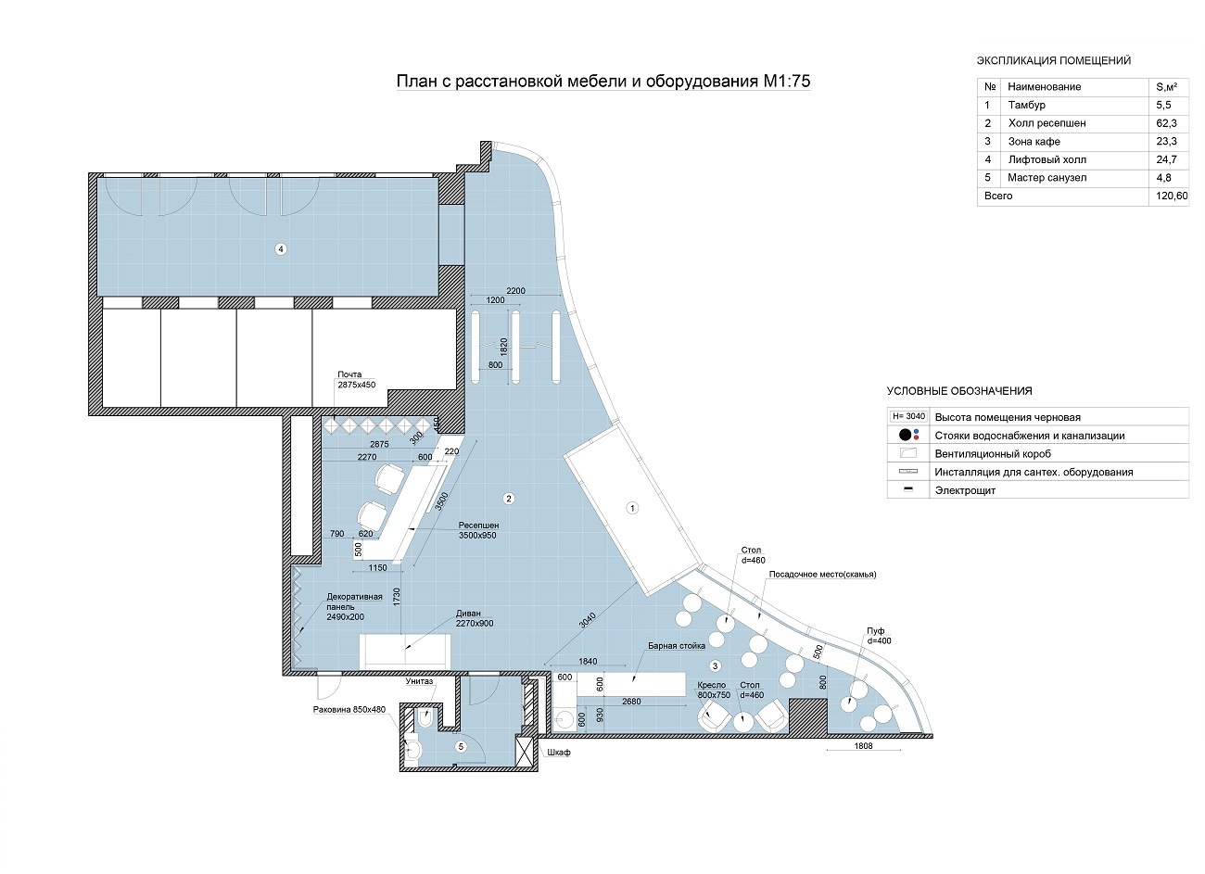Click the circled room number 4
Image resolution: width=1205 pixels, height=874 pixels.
[280, 249]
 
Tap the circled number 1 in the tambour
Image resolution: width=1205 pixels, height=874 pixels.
[632, 508]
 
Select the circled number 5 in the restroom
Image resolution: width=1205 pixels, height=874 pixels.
[461, 746]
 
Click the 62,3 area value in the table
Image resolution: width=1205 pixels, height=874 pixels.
[1166, 123]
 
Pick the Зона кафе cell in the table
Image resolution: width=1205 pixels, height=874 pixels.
[1034, 142]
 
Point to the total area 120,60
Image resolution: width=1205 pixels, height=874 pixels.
[1172, 196]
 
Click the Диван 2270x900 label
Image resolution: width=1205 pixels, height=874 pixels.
[475, 618]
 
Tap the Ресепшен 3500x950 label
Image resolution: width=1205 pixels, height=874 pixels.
[478, 530]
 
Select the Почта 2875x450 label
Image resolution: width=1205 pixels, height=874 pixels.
[356, 380]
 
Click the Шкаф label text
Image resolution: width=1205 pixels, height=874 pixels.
[558, 753]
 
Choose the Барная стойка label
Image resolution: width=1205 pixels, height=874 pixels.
[677, 646]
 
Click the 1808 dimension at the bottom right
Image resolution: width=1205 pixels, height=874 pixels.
[863, 746]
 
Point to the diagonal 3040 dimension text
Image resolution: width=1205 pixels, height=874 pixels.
[588, 621]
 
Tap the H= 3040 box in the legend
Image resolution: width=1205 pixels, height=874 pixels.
[908, 416]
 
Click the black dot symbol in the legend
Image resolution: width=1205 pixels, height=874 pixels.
[906, 435]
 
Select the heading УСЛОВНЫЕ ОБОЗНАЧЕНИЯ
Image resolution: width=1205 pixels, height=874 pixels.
[959, 391]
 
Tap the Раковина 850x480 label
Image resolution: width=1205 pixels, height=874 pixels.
[349, 709]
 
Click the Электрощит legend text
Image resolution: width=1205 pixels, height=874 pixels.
[965, 490]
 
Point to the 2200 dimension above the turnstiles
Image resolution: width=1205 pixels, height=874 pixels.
[515, 291]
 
